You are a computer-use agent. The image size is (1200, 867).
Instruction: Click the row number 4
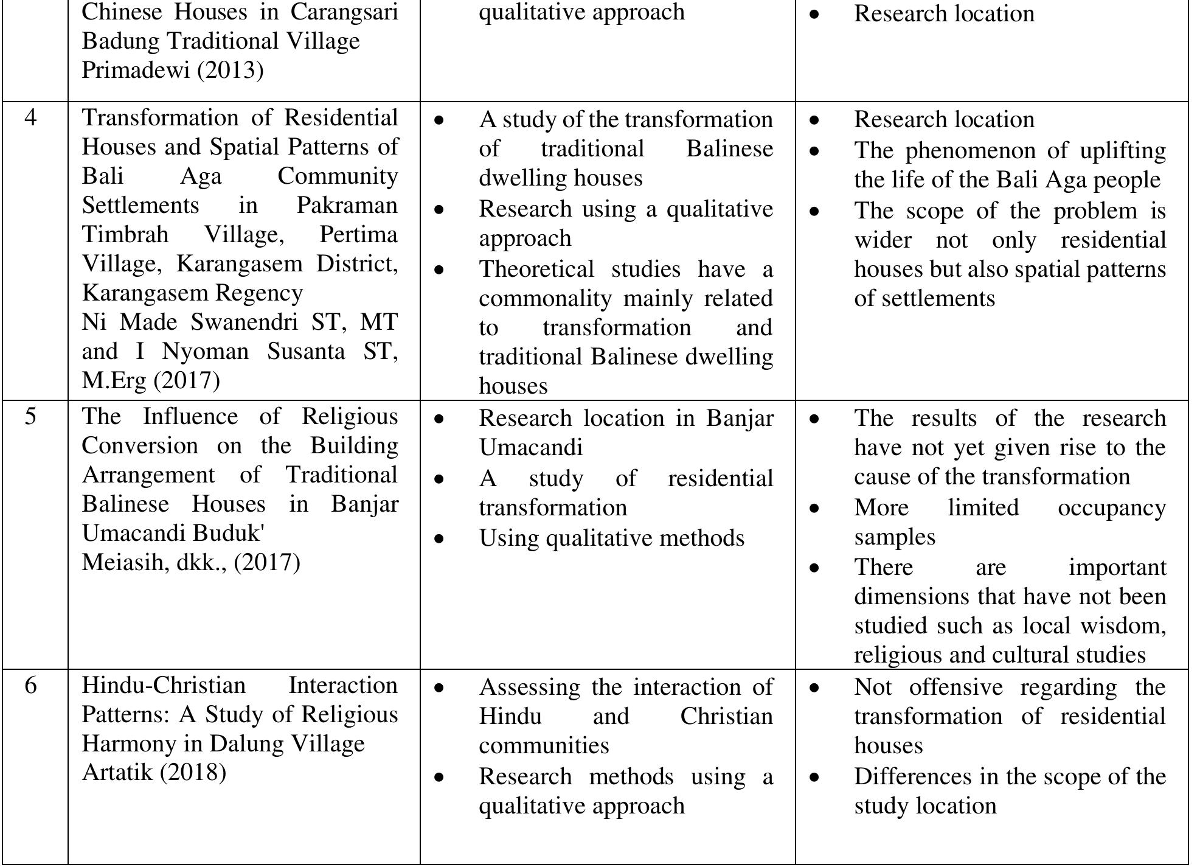(x=30, y=117)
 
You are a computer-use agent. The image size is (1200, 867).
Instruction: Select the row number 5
(x=30, y=417)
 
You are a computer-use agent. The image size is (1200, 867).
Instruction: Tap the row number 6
(x=30, y=686)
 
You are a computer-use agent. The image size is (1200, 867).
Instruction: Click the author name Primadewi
(x=136, y=71)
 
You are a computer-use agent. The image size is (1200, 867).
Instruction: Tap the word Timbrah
(x=125, y=234)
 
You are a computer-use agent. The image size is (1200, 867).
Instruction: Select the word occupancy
(x=1112, y=507)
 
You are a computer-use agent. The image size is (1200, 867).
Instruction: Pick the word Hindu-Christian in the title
(x=164, y=686)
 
